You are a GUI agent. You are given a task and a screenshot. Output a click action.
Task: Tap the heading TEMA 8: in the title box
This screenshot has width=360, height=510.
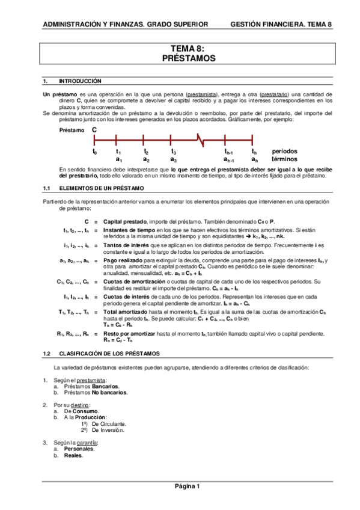188,49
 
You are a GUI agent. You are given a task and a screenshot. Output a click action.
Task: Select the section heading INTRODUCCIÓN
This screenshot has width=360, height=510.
80,81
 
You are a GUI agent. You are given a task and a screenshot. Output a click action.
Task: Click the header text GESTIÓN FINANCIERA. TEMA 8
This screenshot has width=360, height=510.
281,25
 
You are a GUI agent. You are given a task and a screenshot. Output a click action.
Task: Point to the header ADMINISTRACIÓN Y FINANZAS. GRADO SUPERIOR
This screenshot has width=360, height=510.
125,25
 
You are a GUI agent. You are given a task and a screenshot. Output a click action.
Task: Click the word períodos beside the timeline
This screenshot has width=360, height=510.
284,151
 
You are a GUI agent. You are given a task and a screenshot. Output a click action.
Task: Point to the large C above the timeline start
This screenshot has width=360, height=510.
94,129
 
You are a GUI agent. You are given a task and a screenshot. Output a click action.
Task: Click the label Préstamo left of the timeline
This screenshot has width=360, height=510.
72,131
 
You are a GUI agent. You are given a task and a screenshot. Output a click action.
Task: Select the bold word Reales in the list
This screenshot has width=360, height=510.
73,455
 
